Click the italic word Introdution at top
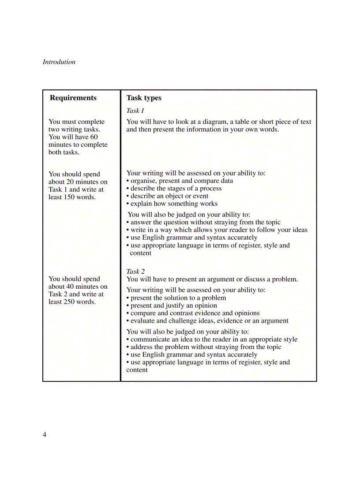click(x=59, y=62)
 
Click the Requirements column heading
click(x=73, y=98)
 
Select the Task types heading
click(x=144, y=98)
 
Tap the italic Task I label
click(x=135, y=111)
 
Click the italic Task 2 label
click(x=135, y=272)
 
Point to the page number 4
click(x=45, y=435)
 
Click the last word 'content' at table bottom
click(x=137, y=370)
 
